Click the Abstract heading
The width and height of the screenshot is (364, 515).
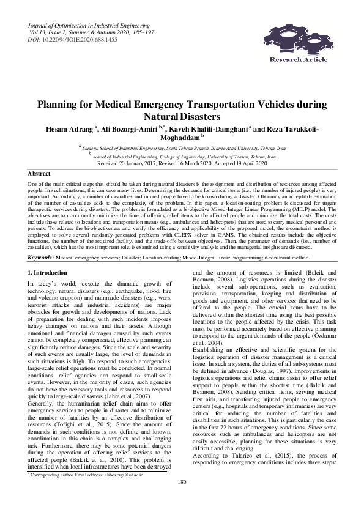click(40, 174)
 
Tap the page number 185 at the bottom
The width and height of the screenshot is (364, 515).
click(182, 500)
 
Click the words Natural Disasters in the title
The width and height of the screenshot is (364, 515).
click(182, 116)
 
